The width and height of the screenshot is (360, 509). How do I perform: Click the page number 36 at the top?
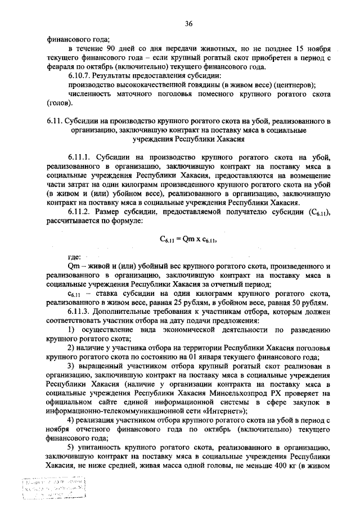tap(188, 23)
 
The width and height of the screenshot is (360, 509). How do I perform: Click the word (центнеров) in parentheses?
tap(289, 84)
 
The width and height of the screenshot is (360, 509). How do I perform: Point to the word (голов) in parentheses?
tap(59, 103)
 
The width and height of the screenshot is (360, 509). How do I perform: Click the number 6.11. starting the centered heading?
tap(55, 121)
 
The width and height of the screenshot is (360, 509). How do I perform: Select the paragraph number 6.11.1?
tap(80, 156)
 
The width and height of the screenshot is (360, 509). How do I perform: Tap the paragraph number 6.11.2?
tap(80, 211)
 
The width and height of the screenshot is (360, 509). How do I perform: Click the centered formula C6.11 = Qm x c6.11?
tap(188, 238)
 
